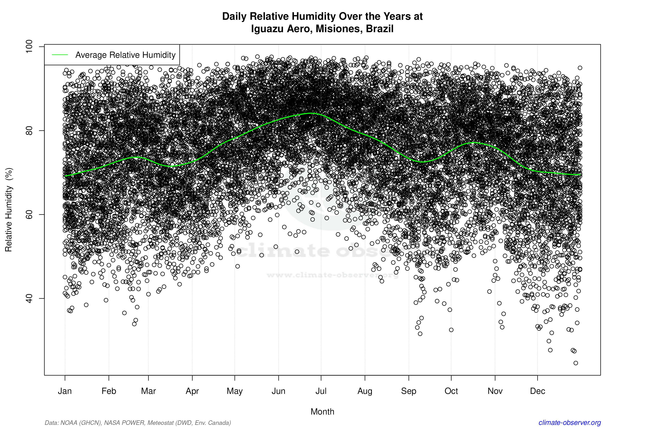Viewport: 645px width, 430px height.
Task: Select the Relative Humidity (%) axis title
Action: tap(9, 210)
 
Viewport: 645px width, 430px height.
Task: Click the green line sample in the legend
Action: tap(60, 55)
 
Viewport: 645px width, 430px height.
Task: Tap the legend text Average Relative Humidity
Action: tap(125, 55)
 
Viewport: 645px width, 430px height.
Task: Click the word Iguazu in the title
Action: tap(267, 29)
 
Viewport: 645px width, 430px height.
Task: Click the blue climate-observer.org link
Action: tap(570, 423)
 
